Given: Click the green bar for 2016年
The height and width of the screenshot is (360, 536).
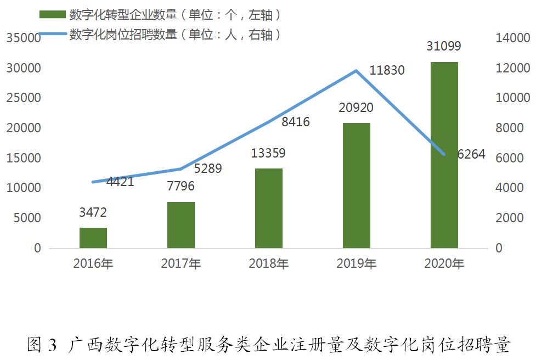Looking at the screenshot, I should pos(93,238).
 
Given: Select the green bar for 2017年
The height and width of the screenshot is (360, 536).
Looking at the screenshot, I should pos(181,225).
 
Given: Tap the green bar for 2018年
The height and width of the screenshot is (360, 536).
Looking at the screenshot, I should pos(269,208).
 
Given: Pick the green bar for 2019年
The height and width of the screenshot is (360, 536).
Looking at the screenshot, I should pos(357,185).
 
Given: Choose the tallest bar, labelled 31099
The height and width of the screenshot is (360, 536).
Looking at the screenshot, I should pos(444,155).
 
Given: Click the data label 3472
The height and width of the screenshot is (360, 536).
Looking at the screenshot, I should pos(93,212).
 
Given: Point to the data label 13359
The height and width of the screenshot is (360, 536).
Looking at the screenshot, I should pos(268,153).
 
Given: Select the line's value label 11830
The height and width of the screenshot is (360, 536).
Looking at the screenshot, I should pos(387,70).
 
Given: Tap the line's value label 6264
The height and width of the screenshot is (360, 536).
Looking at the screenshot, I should pos(471,154).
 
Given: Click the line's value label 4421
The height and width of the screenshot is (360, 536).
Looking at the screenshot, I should pos(120,182).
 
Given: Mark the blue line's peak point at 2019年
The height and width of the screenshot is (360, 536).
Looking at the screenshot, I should pos(357,71).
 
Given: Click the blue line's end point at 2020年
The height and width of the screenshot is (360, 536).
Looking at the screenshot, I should pos(444,154).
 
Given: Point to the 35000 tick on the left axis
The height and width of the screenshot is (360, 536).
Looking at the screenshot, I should pos(24,38).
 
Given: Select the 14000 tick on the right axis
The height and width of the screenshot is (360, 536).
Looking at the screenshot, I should pos(514,38).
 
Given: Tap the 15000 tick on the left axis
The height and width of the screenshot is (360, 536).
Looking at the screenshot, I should pos(24,158).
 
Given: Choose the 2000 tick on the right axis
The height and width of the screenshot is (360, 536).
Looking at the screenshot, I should pos(510,218).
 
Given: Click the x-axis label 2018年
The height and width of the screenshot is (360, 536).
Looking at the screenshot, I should pos(269,264).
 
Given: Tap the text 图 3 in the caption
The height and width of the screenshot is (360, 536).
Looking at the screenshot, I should pos(42,345).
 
